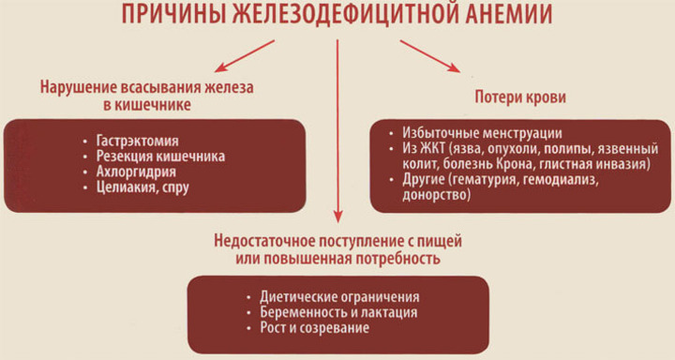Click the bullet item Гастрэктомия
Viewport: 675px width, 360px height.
point(132,141)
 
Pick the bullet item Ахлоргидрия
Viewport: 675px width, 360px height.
point(133,172)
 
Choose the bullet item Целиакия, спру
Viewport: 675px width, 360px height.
point(140,188)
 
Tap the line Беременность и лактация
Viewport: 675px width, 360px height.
point(330,313)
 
